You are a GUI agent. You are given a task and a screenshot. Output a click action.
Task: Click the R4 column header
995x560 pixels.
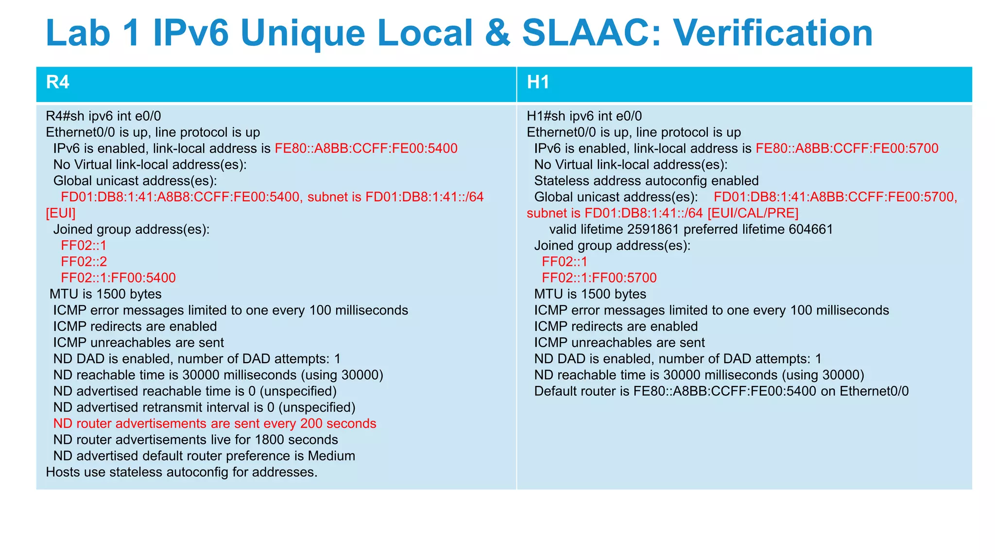coord(57,83)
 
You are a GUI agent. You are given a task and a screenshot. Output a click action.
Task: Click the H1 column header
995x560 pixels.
coord(538,83)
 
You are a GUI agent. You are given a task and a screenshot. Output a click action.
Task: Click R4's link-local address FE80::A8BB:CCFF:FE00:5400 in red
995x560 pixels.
coord(366,148)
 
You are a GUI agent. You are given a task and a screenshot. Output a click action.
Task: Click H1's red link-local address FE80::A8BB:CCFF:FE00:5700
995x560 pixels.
coord(847,148)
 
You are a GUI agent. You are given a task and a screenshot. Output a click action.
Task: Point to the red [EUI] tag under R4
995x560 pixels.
coord(61,213)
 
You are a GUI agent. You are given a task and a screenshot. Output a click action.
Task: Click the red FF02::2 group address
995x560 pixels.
coord(84,262)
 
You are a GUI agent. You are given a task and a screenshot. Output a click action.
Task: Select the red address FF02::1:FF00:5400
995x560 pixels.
coord(118,278)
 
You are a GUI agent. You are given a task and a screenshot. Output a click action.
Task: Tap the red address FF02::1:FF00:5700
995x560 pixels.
coord(599,278)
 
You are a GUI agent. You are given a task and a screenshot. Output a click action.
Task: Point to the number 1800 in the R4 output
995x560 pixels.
coord(269,439)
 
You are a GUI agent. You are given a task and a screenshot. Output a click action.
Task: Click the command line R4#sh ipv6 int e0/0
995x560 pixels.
coord(103,116)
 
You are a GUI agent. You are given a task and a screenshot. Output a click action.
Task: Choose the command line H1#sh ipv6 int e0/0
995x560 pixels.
coord(584,116)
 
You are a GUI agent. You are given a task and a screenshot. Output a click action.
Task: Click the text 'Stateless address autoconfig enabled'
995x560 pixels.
coord(646,181)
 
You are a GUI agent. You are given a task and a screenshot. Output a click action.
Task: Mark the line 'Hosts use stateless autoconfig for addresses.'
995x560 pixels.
coord(182,472)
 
